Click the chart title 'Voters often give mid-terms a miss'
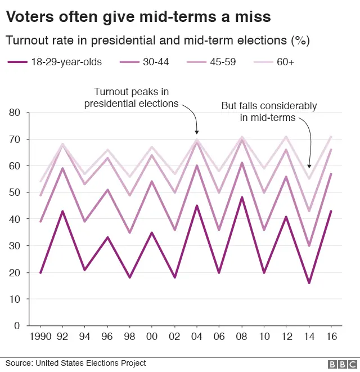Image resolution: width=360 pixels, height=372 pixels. tap(138, 17)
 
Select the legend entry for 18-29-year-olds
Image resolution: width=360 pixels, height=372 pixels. tap(55, 62)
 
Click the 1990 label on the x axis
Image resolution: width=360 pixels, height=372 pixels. tap(40, 337)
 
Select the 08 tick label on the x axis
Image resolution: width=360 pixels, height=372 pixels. tap(242, 337)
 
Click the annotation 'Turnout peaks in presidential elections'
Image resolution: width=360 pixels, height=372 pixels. tap(131, 97)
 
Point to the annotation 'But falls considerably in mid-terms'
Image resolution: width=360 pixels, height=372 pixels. tap(268, 111)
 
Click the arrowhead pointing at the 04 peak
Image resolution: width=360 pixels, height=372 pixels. tap(197, 133)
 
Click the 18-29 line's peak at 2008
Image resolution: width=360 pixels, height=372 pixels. tap(242, 198)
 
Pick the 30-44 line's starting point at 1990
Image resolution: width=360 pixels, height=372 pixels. tap(40, 222)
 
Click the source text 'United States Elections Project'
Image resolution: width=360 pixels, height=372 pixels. tap(91, 363)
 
